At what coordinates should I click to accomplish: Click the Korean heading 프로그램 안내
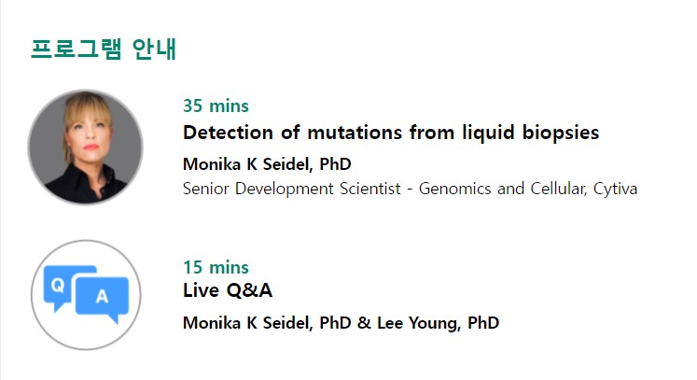pos(104,49)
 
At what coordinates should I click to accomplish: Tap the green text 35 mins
pos(216,106)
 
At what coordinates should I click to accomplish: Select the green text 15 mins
pos(216,267)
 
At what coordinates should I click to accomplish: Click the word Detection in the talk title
pos(228,133)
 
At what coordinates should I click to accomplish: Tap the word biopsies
pos(561,134)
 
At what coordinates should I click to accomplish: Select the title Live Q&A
pos(228,290)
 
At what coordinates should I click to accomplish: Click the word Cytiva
pos(615,190)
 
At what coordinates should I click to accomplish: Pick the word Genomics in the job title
pos(454,190)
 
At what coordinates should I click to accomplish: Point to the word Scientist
pos(369,189)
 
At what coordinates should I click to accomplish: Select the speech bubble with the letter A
pos(104,297)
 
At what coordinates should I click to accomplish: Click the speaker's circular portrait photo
pos(85,147)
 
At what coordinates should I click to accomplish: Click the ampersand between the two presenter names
pos(364,323)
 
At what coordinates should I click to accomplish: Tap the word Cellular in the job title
pos(559,189)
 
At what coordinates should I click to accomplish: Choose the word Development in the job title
pos(284,190)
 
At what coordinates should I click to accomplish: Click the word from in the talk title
pos(432,133)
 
